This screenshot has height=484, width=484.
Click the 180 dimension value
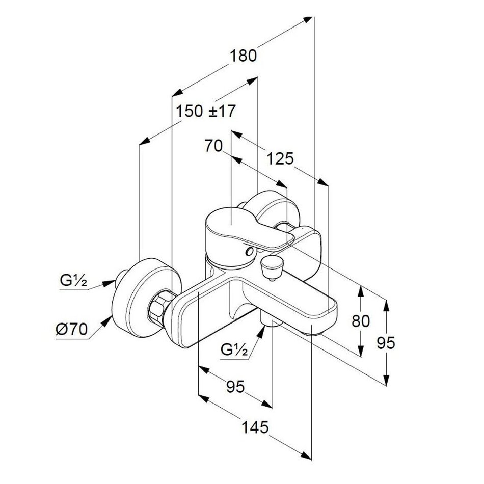pos(244,55)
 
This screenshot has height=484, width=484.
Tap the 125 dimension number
pos(280,159)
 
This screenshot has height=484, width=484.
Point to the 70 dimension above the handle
pos(213,146)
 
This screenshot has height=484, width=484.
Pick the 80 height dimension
pos(360,321)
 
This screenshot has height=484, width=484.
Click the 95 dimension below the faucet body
pos(235,386)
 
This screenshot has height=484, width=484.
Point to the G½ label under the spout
pos(235,350)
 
